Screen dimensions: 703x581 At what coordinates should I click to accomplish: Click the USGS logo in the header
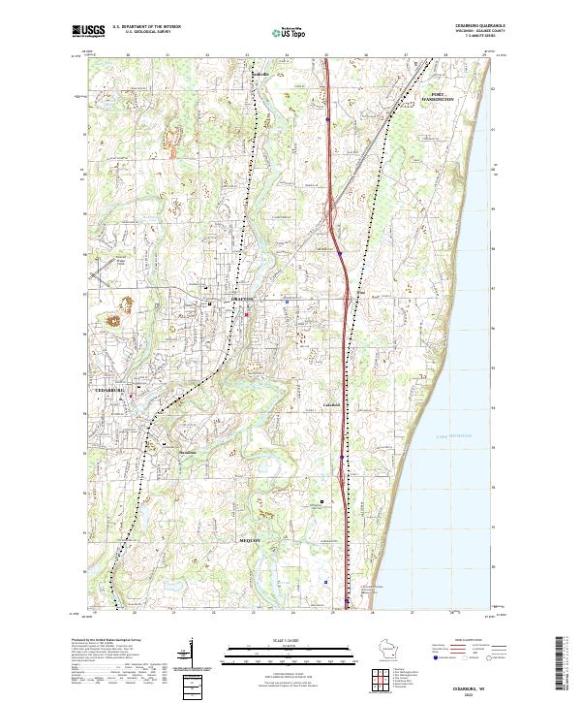[88, 31]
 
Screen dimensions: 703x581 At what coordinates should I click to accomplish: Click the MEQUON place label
[250, 539]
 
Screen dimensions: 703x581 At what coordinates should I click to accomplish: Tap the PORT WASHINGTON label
[442, 97]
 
